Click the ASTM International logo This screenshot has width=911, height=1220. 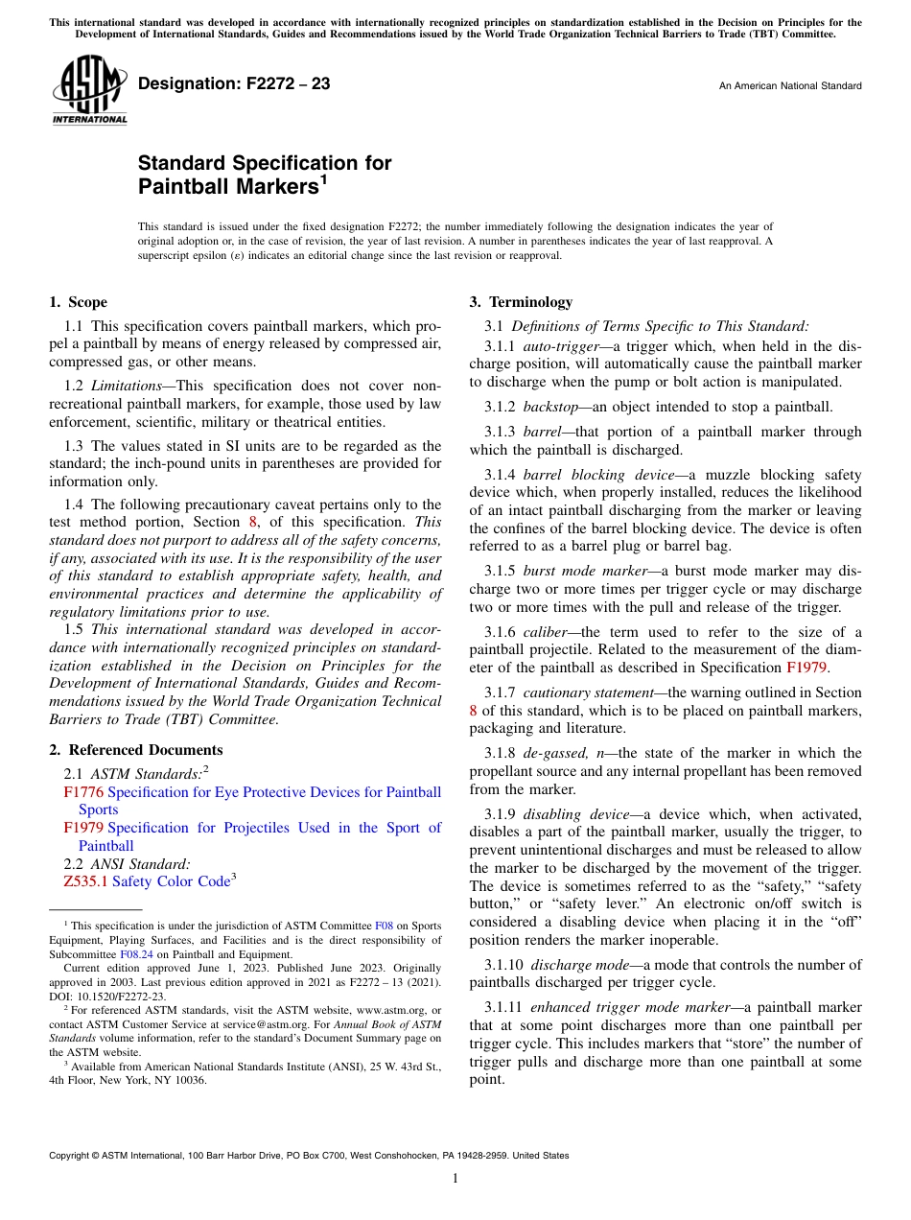(x=88, y=90)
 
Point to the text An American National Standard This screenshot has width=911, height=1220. (x=789, y=86)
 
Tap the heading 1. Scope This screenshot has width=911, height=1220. (x=78, y=302)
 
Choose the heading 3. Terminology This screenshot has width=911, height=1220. (x=520, y=302)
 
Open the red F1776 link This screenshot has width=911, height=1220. (x=83, y=792)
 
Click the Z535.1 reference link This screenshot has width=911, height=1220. (x=85, y=881)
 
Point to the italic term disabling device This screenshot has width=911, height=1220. (x=576, y=813)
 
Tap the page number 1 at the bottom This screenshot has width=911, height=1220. (x=455, y=1179)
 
